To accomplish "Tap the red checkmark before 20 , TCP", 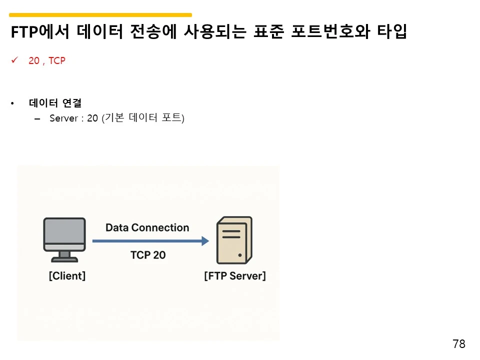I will [x=14, y=60].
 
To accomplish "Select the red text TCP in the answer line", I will [x=57, y=61].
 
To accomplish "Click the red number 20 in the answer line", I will [x=34, y=61].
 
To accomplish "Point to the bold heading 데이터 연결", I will [x=55, y=103].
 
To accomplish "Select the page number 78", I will [x=458, y=344].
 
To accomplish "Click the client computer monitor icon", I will [x=64, y=233].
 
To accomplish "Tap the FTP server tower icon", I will [x=233, y=240].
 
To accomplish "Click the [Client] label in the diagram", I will [x=67, y=275].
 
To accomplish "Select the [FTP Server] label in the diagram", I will [x=234, y=275].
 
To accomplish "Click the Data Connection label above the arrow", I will [x=147, y=228].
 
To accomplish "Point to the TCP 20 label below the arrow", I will [x=147, y=255].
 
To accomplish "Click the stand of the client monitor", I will [x=64, y=256].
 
